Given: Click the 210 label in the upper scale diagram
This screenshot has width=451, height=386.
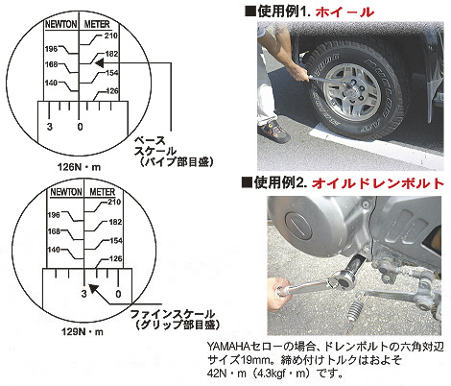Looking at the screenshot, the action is pos(110,36).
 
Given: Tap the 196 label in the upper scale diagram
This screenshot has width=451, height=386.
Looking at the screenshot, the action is pos(51,49).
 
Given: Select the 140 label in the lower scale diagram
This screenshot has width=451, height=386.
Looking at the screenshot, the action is pos(54,250).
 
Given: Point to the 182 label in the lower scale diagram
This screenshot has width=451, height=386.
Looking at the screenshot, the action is pos(115,222).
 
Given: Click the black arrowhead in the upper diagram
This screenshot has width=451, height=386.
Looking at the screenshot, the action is pos(99,63).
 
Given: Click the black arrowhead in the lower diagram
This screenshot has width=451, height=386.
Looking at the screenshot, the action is pos(93,288).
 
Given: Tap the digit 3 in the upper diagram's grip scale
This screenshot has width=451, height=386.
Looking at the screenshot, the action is pos(49,127).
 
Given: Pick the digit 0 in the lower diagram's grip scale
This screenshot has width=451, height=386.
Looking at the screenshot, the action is pos(118,294).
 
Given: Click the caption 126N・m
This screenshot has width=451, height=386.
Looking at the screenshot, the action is pos(79,167).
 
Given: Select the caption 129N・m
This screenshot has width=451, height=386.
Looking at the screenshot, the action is pos(83,331).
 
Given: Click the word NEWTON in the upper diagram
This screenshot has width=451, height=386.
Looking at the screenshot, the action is pos(61,24).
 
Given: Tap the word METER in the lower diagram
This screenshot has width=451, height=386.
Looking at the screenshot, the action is pos(102,192).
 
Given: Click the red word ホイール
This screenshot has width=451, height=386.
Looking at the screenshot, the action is pos(344,12).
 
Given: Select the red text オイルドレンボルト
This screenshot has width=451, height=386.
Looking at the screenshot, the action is pos(378,183).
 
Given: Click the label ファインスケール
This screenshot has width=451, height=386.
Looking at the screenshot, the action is pos(173,314).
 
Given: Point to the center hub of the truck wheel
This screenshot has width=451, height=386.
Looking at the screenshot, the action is pos(351,91).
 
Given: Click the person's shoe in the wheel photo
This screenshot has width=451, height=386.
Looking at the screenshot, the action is pos(273,132).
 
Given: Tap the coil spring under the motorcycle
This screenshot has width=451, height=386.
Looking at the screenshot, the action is pos(356,309).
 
